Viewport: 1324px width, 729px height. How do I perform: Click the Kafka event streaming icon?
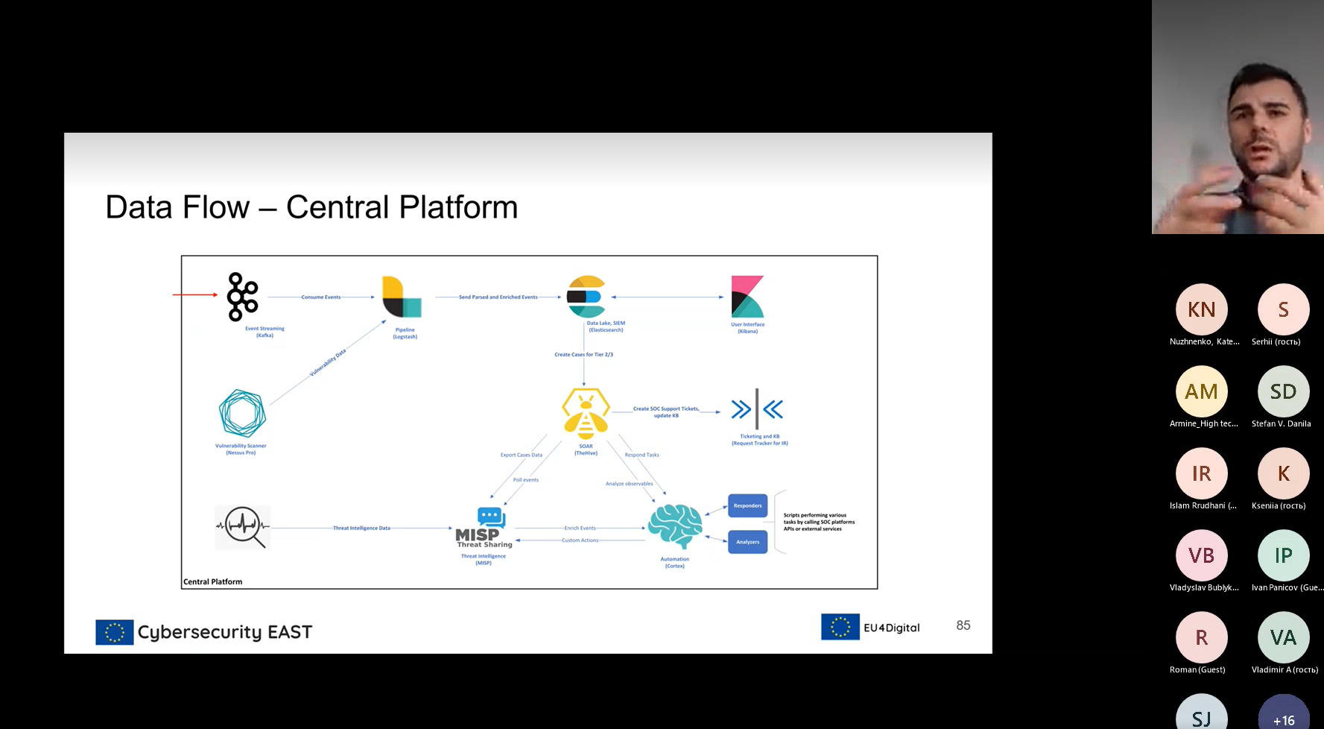(242, 297)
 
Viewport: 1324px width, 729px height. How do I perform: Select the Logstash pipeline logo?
(402, 297)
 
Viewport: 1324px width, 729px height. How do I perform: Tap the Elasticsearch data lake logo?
(586, 297)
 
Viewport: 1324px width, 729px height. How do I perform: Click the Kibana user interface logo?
(747, 297)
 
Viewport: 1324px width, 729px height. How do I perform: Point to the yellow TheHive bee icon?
(586, 412)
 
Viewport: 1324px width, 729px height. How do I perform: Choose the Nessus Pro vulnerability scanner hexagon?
(242, 413)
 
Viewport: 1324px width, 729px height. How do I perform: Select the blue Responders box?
(747, 505)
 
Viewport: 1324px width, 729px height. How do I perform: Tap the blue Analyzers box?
(747, 542)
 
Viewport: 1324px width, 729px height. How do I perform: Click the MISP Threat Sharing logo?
(484, 528)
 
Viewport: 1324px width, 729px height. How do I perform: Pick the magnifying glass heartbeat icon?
(243, 527)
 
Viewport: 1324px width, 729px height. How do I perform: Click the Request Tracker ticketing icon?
(757, 409)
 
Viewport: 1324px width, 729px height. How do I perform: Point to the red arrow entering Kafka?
(195, 295)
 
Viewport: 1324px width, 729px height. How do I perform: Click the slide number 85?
(963, 625)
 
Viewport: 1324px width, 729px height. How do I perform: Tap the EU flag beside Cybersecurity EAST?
(115, 632)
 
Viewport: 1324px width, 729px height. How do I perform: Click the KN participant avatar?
(1201, 309)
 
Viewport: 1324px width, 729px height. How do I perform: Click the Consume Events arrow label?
(321, 297)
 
